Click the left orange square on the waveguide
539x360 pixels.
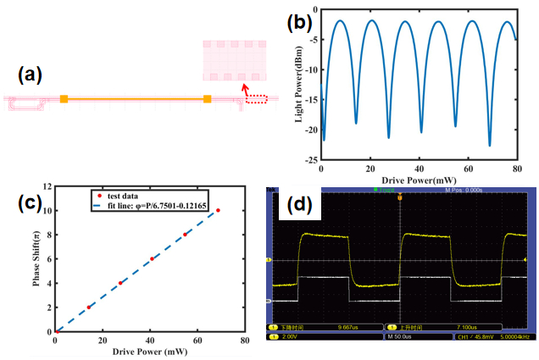coord(64,100)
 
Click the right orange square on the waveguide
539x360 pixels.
coord(207,100)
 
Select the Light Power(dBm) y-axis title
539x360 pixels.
coord(299,86)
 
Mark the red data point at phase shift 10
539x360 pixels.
coord(218,210)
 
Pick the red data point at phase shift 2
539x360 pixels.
coord(88,307)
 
